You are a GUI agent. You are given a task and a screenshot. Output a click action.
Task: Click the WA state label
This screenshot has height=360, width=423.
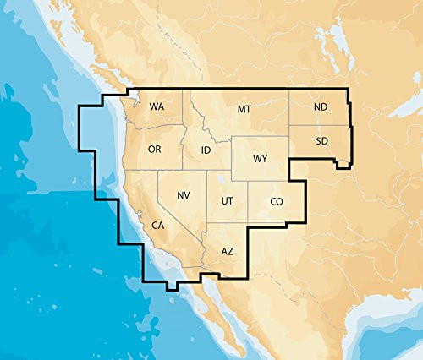pyautogui.click(x=157, y=107)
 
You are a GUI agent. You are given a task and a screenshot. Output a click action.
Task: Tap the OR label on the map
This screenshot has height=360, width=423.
pyautogui.click(x=154, y=149)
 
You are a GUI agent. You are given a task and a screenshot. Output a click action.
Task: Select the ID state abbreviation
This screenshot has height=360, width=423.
pyautogui.click(x=206, y=150)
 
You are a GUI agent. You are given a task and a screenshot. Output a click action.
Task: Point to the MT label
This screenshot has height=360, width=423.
pyautogui.click(x=244, y=110)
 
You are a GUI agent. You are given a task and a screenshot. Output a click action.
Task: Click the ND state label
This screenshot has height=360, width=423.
pyautogui.click(x=321, y=107)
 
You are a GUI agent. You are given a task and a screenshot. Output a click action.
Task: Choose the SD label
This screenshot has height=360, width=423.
pyautogui.click(x=321, y=140)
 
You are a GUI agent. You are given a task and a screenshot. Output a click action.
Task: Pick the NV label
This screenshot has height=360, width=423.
pyautogui.click(x=183, y=196)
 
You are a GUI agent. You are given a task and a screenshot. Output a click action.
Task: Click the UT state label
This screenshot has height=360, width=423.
pyautogui.click(x=228, y=201)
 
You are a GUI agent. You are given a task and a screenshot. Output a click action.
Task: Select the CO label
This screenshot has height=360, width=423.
pyautogui.click(x=276, y=201)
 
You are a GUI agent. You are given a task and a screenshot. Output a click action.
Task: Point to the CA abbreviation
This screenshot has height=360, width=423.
pyautogui.click(x=157, y=226)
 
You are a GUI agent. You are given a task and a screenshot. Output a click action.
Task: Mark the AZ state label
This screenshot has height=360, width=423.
pyautogui.click(x=227, y=252)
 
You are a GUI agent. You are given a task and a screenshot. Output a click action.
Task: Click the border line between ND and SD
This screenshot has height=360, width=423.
pyautogui.click(x=319, y=125)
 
